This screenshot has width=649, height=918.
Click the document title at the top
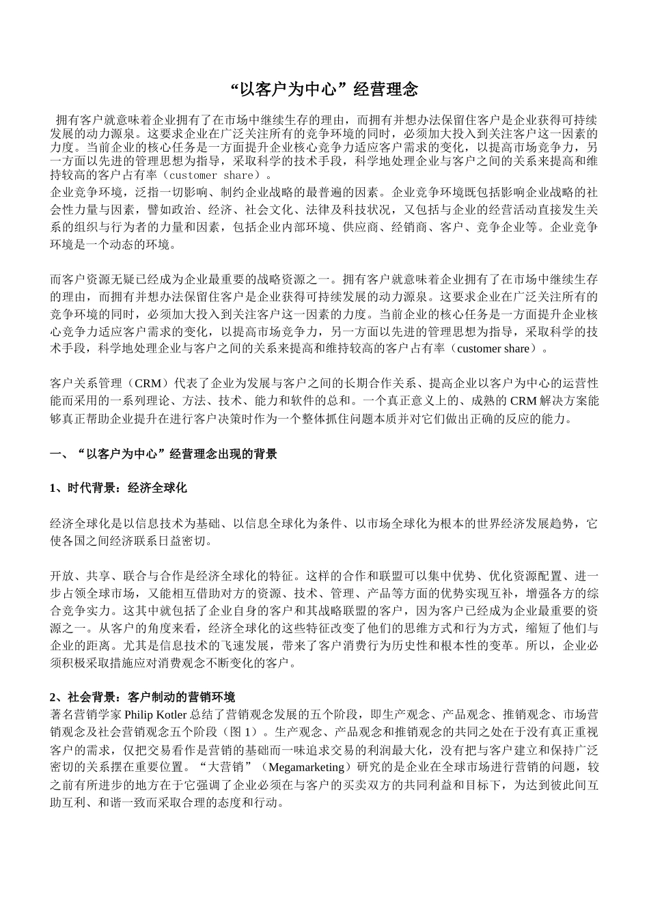tap(324, 89)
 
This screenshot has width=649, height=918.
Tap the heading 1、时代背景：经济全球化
tap(118, 488)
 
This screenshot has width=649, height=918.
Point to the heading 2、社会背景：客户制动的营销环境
tap(142, 697)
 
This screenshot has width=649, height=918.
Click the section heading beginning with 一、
tap(164, 454)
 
